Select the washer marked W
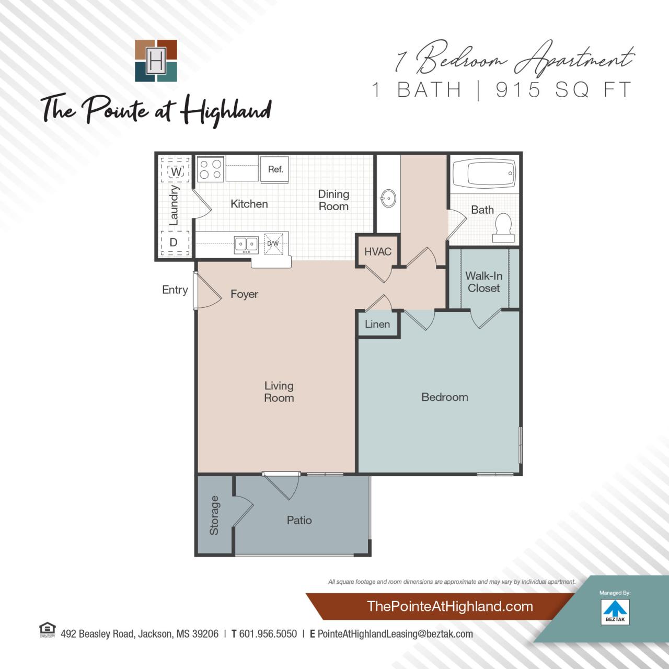coord(176,171)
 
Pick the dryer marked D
coord(174,242)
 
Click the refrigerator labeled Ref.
coord(275,169)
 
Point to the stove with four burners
coord(211,169)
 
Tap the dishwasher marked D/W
coord(273,244)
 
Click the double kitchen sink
coord(246,244)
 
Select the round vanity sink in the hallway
coord(387,199)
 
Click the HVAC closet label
coord(378,251)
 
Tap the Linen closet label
coord(377,324)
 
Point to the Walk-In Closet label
coord(484,282)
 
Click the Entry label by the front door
coord(175,290)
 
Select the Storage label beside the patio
coord(214,515)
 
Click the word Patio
coord(299,520)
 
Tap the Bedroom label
coord(445,397)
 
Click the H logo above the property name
coord(156,61)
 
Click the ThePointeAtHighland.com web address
coord(450,606)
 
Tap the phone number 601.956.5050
coord(268,634)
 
